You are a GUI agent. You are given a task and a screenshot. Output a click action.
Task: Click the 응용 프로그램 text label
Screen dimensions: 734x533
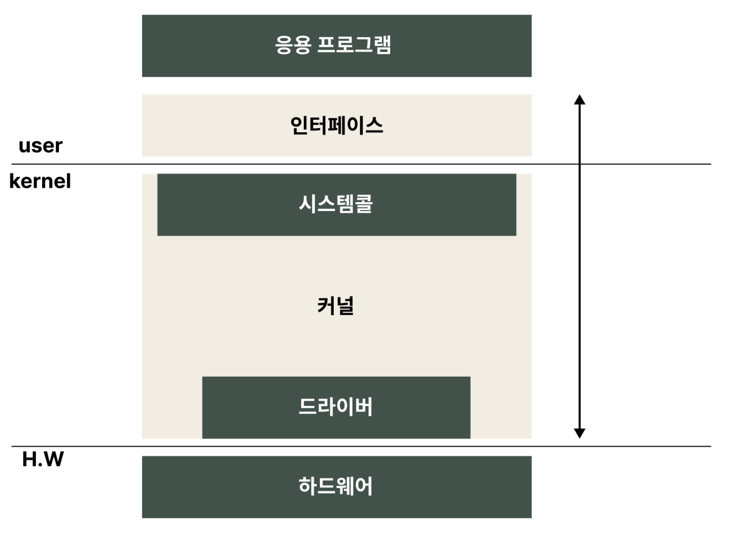333,44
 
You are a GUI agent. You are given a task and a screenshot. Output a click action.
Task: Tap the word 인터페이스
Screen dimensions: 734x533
337,126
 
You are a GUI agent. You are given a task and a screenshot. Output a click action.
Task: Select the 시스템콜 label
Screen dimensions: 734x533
336,204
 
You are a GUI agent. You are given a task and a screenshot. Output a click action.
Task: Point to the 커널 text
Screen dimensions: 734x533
336,306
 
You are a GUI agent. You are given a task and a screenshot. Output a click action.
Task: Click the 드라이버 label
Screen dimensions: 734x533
336,407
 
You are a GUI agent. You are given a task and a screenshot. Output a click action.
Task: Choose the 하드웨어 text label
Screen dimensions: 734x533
336,486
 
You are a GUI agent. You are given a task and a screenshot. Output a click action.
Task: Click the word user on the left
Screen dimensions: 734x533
41,146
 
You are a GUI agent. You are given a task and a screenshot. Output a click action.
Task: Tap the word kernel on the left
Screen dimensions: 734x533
40,181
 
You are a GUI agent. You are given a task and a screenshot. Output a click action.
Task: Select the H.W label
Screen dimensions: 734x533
43,459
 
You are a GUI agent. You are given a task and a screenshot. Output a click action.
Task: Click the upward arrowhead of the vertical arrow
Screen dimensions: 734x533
579,99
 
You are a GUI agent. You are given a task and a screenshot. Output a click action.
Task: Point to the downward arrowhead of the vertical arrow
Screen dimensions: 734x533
579,433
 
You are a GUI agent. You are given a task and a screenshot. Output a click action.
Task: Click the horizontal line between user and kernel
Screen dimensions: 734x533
361,164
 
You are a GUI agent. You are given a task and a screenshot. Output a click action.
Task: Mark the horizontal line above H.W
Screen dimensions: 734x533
361,446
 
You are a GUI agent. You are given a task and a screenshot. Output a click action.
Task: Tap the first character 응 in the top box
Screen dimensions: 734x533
283,45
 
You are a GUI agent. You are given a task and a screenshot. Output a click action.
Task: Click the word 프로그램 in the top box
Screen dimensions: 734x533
354,44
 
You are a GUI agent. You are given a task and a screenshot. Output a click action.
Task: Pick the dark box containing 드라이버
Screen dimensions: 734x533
336,407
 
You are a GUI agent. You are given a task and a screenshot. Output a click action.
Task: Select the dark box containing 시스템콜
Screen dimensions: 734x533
337,205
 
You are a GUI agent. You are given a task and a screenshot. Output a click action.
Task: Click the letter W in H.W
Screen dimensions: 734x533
54,459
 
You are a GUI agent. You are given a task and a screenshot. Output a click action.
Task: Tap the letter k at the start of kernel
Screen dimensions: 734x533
14,181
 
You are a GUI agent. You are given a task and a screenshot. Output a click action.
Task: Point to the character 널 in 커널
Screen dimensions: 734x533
345,306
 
